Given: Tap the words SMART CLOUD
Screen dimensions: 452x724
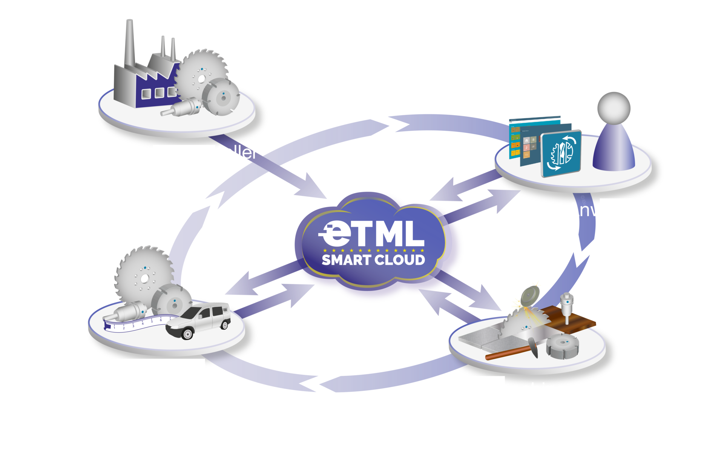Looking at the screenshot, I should point(373,260).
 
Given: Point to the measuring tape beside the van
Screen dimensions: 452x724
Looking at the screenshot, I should point(132,323).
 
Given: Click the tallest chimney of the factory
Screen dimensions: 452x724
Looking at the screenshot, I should point(129,42).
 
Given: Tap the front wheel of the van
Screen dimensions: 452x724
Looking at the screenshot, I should point(187,334).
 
